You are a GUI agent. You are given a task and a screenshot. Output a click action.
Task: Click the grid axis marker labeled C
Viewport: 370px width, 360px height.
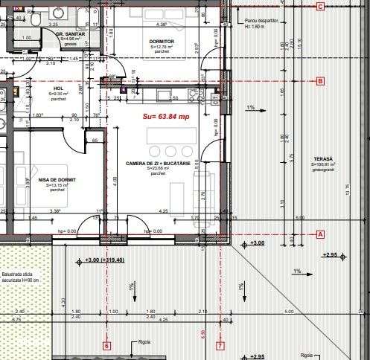[320, 7]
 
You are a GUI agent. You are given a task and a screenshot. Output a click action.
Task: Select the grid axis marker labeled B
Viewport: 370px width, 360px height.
[320, 81]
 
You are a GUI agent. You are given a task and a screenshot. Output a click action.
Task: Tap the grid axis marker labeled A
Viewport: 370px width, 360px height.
[321, 234]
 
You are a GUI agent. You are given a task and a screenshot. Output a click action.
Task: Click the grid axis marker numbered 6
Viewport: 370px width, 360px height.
[106, 345]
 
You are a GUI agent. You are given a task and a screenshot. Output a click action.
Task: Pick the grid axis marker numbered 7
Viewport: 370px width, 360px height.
[220, 345]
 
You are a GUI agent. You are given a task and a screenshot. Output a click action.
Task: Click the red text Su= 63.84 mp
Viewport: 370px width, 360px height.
[166, 117]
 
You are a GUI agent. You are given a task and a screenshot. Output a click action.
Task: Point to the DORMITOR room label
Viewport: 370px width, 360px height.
[161, 42]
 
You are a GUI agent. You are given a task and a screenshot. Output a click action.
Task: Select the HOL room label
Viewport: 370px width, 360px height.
[59, 89]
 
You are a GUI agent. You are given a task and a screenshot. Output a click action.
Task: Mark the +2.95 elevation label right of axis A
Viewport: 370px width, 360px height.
[329, 255]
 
